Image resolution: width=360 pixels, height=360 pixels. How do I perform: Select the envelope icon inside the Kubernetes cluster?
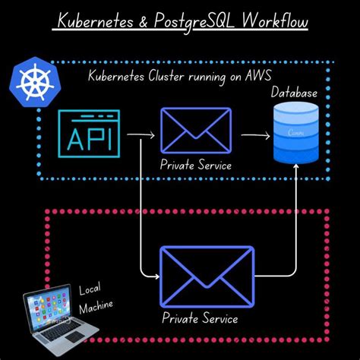click(195, 133)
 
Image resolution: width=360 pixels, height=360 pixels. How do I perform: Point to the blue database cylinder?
click(297, 133)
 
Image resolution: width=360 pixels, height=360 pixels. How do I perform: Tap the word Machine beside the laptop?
click(96, 306)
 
